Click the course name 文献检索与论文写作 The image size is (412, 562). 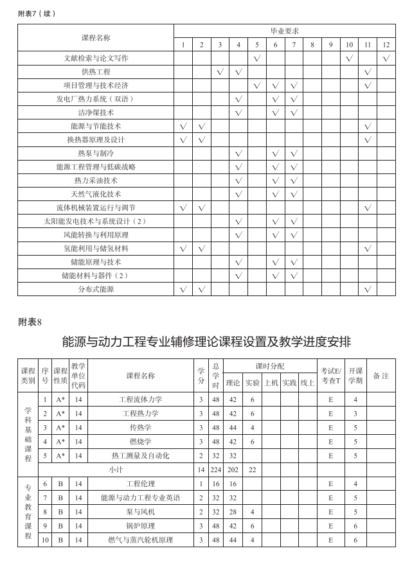tap(96, 58)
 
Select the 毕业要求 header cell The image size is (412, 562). tap(284, 31)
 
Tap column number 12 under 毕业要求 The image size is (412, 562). tap(386, 44)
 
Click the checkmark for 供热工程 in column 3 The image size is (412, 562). tap(220, 72)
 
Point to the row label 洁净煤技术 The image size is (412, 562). tap(96, 112)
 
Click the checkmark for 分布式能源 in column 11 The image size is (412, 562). tap(368, 289)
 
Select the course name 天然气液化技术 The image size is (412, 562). tap(96, 194)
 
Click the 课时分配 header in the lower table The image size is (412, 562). tap(270, 366)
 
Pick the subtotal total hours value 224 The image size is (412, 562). tap(216, 470)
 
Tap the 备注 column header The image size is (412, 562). tap(381, 376)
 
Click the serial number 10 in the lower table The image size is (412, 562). tap(45, 540)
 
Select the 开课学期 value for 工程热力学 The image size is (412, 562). tap(355, 414)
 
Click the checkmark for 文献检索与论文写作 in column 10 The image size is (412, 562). tap(349, 58)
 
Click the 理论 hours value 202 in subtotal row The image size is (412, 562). tap(233, 470)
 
